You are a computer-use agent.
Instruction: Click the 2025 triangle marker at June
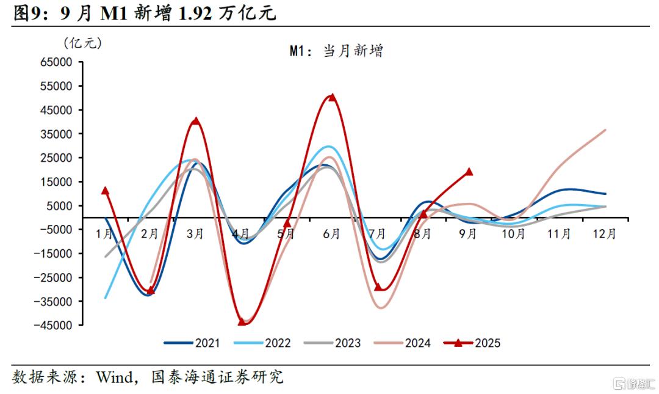(332, 97)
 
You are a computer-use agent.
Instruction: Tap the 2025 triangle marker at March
(195, 121)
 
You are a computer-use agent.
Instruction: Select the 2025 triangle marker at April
(241, 321)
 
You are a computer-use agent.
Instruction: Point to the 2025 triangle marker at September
(469, 172)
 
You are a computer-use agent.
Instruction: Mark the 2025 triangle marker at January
(105, 191)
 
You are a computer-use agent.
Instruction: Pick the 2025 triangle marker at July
(378, 287)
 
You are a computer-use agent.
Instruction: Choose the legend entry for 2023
(333, 343)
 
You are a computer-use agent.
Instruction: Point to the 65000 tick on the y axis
(73, 62)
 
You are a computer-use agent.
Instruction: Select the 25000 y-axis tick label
(73, 158)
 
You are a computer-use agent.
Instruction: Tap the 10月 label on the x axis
(513, 233)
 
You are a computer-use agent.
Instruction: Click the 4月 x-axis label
(240, 233)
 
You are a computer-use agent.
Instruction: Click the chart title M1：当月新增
(336, 51)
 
